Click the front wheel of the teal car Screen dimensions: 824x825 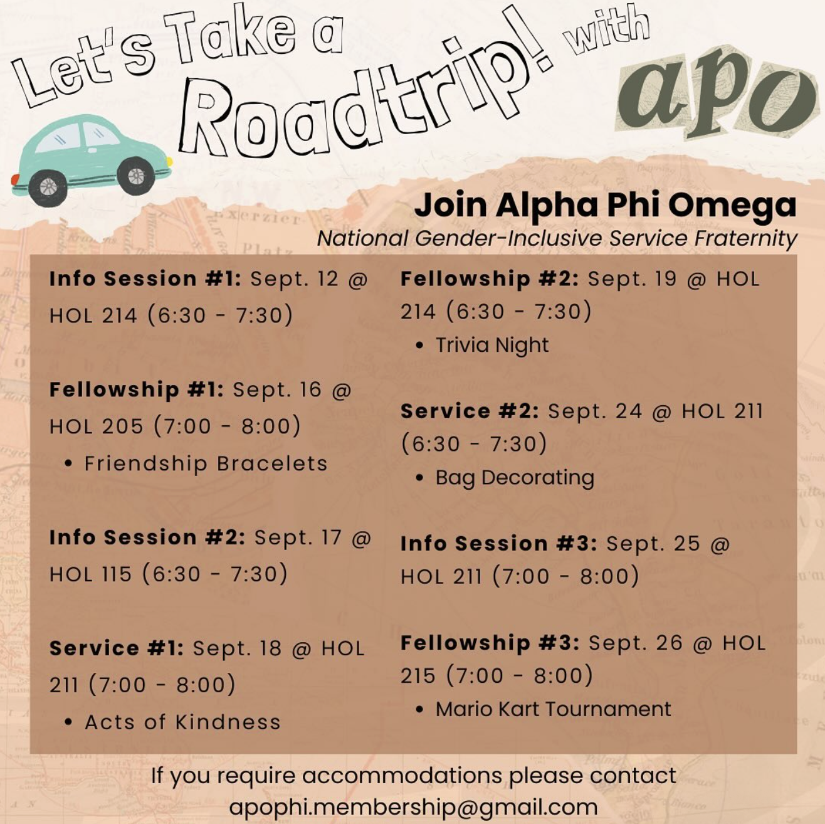coord(135,176)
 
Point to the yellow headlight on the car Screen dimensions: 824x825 coord(169,162)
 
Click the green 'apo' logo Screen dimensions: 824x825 coord(715,94)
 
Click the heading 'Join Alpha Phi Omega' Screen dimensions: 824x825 coord(605,205)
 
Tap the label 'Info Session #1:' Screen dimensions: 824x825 coord(145,278)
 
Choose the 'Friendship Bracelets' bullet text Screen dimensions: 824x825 coord(206,463)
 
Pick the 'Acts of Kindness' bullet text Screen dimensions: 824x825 coord(182,722)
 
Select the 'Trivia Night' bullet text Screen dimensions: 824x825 coord(492,345)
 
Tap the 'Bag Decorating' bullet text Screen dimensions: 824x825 coord(515,478)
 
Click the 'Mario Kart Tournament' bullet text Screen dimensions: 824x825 coord(553,709)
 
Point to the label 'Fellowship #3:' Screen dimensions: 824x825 coord(490,643)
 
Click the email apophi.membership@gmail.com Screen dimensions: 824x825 coord(413,806)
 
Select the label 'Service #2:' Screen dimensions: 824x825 coord(470,411)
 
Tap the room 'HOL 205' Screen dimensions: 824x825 coord(97,426)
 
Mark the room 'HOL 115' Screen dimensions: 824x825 coord(91,574)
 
